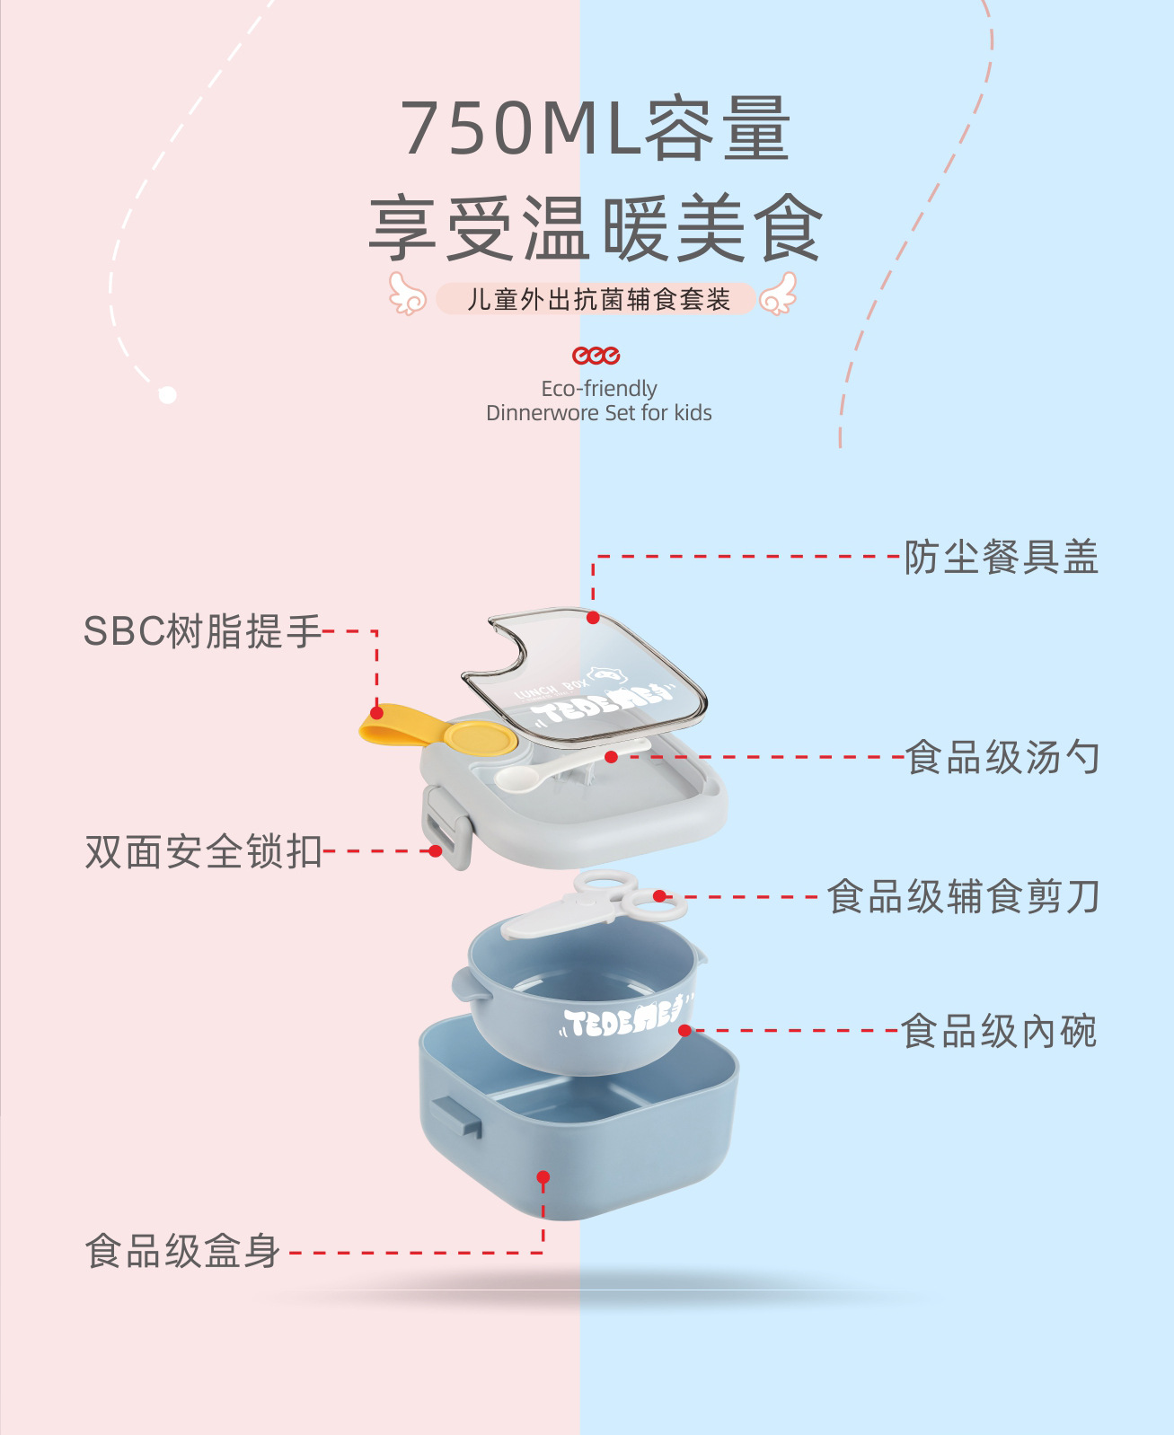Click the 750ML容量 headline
(595, 129)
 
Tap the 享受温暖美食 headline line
(595, 229)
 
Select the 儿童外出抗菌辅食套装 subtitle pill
(596, 299)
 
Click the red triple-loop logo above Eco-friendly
(596, 356)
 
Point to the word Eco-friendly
(599, 389)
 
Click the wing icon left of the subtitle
(406, 295)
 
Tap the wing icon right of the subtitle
(778, 295)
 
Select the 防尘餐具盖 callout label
(1001, 558)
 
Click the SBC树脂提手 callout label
(202, 631)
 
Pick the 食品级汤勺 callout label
(1002, 758)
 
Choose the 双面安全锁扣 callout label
(203, 852)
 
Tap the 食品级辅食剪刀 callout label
(963, 897)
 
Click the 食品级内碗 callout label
(999, 1032)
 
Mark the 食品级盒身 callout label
(183, 1252)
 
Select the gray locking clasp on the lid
(446, 827)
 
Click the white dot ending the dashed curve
(167, 395)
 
